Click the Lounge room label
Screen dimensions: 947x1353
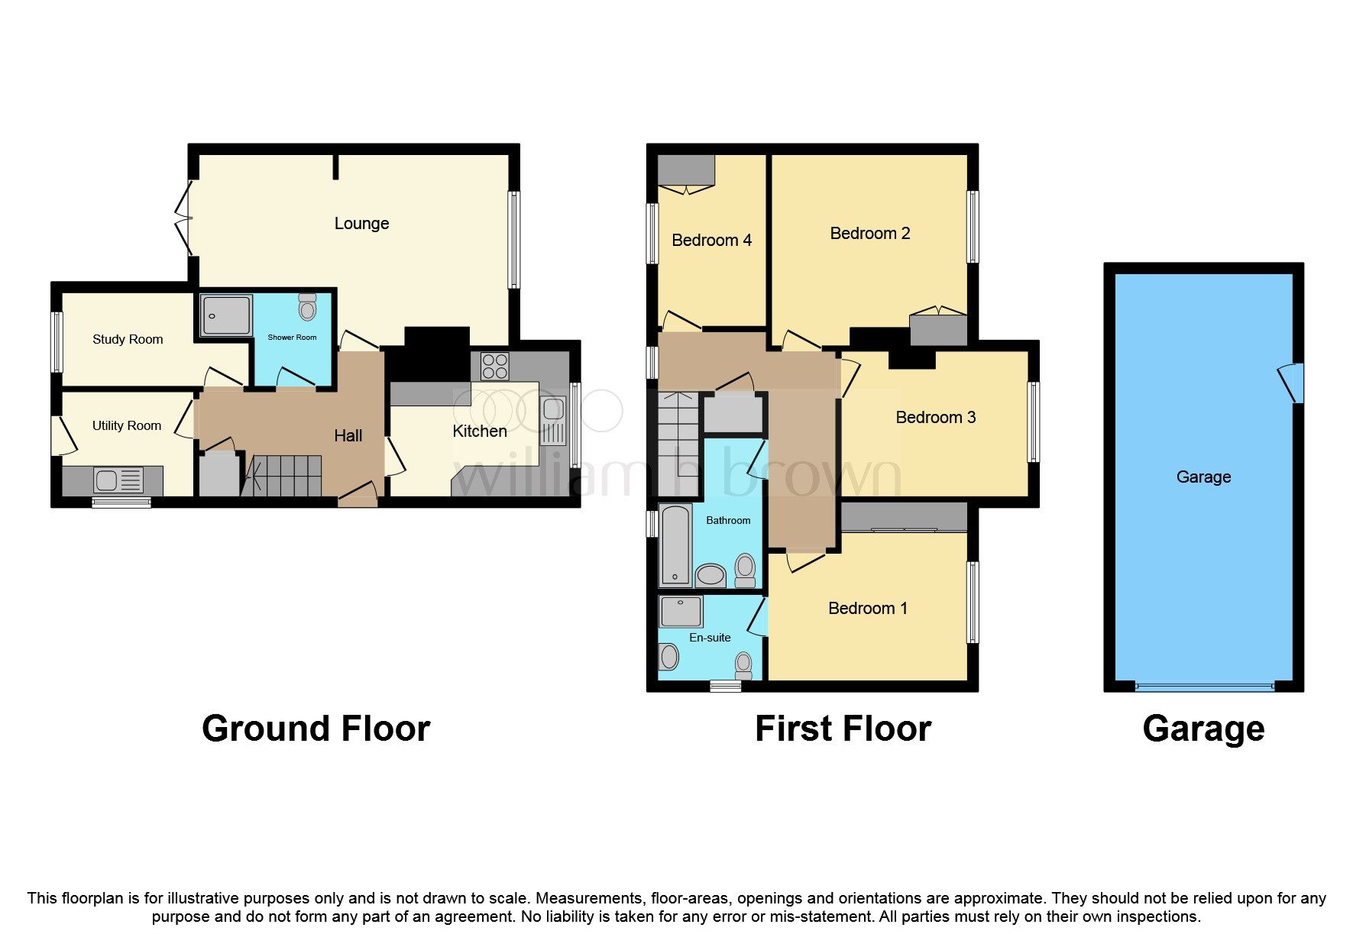[x=361, y=224]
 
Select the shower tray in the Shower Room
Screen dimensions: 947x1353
[x=225, y=315]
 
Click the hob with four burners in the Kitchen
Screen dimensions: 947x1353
[x=494, y=367]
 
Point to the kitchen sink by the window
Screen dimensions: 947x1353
[x=553, y=421]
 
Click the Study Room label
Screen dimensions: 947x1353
[x=128, y=340]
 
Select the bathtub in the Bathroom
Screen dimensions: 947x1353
[x=675, y=545]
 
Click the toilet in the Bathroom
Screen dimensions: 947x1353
[x=745, y=570]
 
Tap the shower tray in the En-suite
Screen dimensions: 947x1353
[x=680, y=612]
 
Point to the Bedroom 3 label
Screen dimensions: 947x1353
[x=935, y=418]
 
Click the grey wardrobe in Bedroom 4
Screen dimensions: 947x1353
[x=686, y=170]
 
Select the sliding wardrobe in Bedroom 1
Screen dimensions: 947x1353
[x=904, y=517]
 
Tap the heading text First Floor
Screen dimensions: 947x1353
[x=843, y=729]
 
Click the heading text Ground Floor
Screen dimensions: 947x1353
[x=316, y=729]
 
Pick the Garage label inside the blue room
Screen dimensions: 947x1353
[x=1203, y=477]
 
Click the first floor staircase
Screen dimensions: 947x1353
[x=678, y=443]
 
